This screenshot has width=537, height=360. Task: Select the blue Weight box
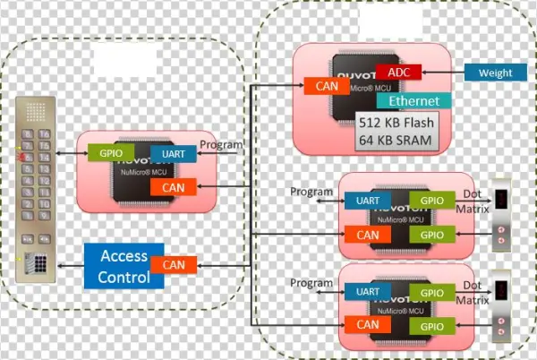[x=495, y=73]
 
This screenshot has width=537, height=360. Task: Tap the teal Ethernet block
[x=414, y=100]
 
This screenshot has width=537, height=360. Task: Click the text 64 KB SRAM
[x=395, y=140]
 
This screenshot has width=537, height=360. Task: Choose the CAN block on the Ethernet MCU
[x=320, y=87]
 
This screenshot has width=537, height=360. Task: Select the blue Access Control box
[x=124, y=265]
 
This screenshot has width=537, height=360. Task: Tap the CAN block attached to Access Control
[x=174, y=264]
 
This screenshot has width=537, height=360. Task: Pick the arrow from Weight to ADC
[x=444, y=73]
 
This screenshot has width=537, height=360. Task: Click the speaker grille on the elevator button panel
[x=35, y=113]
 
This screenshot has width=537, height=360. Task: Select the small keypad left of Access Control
[x=38, y=264]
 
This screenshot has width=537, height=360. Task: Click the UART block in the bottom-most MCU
[x=366, y=292]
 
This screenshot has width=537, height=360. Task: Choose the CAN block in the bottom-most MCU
[x=366, y=324]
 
